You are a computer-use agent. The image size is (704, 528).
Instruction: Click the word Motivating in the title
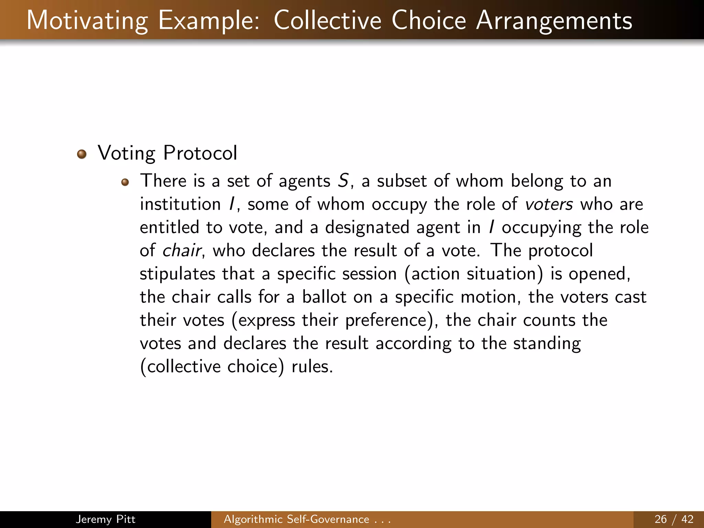coord(87,21)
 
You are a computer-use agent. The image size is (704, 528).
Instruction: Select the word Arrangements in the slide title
coord(554,21)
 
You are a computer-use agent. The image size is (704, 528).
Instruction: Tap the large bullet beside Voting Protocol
coord(82,154)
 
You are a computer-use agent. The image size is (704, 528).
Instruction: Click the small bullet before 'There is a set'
coord(125,182)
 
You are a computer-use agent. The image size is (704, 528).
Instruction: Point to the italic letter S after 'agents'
coord(343,181)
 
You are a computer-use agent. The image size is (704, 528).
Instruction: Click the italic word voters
coord(549,205)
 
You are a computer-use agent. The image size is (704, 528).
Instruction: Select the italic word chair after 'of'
coord(182,251)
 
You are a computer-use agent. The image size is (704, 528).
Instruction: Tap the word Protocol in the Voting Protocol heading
coord(200,153)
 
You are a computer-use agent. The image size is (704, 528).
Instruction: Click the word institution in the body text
coord(180,205)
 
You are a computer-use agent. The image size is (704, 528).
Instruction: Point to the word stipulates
coord(177,274)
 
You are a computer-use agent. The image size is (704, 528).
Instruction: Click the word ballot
coord(324,297)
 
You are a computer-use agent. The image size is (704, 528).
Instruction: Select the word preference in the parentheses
coord(386,321)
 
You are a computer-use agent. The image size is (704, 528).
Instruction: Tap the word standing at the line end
coord(547,344)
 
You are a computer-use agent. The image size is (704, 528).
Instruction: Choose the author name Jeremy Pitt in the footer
coord(106,519)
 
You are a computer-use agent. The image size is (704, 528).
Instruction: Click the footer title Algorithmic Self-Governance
coord(296,519)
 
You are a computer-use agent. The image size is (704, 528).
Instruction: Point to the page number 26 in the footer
coord(661,519)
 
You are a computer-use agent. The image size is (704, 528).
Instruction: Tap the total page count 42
coord(687,519)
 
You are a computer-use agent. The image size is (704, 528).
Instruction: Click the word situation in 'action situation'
coord(502,274)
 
